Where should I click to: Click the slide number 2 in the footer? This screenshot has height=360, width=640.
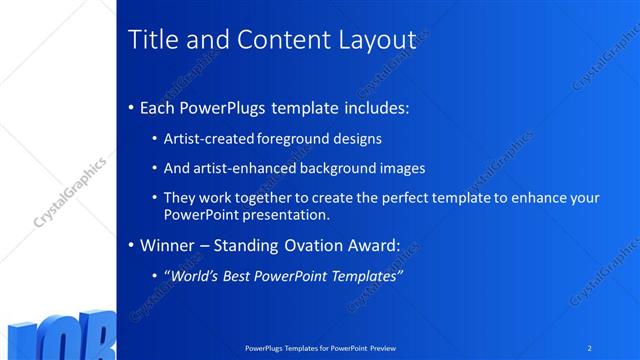589,348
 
